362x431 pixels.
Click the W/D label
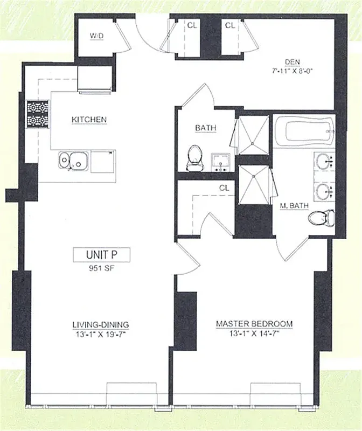pos(98,36)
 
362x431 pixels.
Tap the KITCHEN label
pos(89,119)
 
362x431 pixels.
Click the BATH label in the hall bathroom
pos(205,128)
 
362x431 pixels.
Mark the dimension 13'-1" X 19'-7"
pos(101,333)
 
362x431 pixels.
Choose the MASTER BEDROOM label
pos(254,324)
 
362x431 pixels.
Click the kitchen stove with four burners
pos(37,113)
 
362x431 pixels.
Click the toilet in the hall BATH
pos(194,156)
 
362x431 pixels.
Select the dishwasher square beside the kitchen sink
pos(102,161)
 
